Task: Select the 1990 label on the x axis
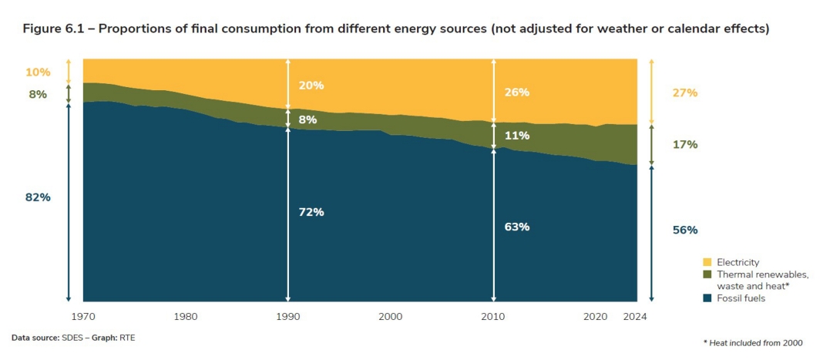click(287, 316)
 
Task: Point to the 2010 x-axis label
click(493, 316)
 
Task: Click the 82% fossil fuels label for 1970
click(38, 197)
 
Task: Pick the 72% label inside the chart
click(311, 212)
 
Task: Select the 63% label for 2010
click(517, 227)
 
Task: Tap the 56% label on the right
click(685, 230)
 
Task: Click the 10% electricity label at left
click(38, 72)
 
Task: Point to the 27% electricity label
click(685, 93)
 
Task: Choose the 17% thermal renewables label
click(685, 144)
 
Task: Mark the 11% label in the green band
click(517, 136)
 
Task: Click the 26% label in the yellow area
click(517, 93)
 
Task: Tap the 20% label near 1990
click(311, 85)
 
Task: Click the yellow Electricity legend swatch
click(707, 263)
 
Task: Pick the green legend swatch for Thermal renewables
click(707, 274)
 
